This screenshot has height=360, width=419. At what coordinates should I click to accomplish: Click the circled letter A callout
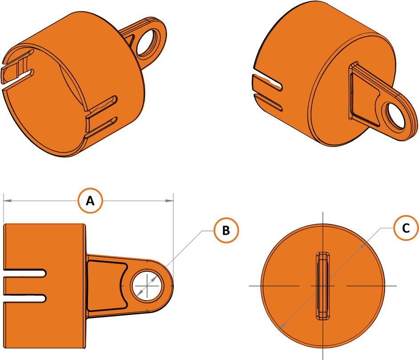[90, 201]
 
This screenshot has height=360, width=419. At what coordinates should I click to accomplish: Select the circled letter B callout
[226, 230]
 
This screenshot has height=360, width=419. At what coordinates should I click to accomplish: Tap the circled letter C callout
[406, 228]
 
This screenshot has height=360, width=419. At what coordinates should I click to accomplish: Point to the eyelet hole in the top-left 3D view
[148, 42]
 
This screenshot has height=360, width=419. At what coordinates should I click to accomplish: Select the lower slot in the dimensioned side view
[25, 298]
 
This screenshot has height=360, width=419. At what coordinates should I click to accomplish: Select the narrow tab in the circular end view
[323, 286]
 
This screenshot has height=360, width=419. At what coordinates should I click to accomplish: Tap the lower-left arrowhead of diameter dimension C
[282, 327]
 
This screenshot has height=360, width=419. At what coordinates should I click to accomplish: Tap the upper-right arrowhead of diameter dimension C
[364, 244]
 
